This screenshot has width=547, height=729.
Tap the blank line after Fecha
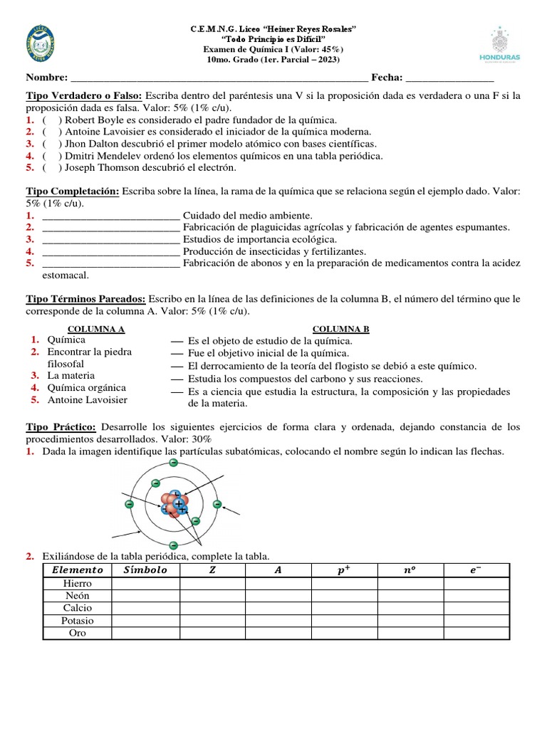click(449, 78)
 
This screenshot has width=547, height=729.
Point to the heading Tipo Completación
click(73, 192)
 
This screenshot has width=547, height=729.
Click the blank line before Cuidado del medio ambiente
click(110, 215)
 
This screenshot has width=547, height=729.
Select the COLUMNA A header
click(96, 329)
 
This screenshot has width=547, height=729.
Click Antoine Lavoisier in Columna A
click(87, 400)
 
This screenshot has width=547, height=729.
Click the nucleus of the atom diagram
click(173, 504)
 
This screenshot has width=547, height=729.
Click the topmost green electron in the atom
click(173, 463)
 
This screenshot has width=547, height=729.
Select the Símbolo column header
click(145, 570)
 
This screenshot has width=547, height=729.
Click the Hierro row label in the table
click(78, 584)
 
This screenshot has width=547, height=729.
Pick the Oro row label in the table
click(78, 633)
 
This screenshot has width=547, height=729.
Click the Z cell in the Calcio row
click(212, 608)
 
